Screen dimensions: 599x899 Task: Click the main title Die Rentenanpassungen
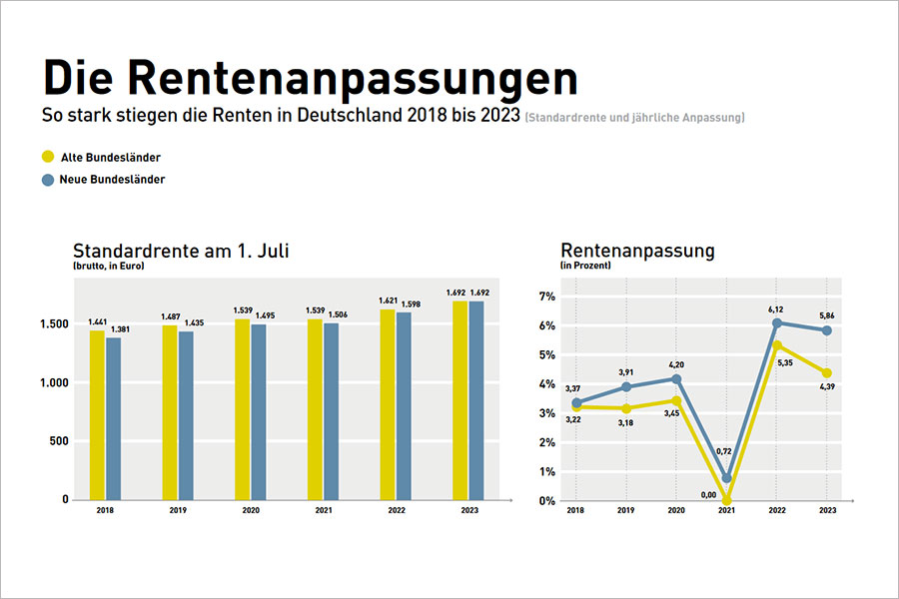tap(311, 79)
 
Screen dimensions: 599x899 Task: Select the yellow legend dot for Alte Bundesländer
tap(48, 157)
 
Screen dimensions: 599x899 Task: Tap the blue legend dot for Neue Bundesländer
tap(48, 180)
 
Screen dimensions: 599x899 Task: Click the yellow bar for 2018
tap(97, 414)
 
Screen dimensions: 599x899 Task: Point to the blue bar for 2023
tap(476, 399)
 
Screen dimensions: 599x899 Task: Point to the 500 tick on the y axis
tap(57, 441)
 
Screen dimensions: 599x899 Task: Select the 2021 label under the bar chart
tap(323, 510)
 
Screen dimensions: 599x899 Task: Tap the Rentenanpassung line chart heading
tap(637, 251)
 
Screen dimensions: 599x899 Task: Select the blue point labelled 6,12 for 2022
tap(777, 322)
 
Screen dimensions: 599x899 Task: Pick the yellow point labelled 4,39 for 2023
tap(826, 373)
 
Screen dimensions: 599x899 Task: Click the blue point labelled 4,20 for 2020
tap(676, 379)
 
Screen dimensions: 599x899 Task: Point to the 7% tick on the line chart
tap(546, 297)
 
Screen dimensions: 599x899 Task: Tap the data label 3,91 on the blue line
tap(626, 373)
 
